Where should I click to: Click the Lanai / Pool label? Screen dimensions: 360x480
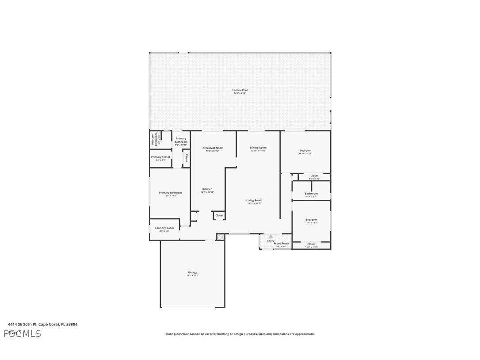(x=240, y=90)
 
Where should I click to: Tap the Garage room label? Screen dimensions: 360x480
(x=192, y=273)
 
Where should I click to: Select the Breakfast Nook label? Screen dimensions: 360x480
(x=213, y=148)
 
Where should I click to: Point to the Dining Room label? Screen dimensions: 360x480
(x=258, y=148)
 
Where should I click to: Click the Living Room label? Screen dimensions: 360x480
(x=254, y=200)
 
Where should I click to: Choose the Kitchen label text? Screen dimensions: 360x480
(x=207, y=189)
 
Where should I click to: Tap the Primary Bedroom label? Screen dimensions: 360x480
(x=170, y=193)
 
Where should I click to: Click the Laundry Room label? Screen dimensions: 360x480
(x=164, y=228)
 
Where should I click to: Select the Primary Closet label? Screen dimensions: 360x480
(x=160, y=157)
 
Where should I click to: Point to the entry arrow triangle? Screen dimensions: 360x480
(x=270, y=236)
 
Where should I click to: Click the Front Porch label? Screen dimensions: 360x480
(x=282, y=244)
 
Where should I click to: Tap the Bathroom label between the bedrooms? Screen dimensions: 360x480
(x=311, y=194)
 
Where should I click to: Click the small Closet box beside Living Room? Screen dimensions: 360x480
(x=219, y=215)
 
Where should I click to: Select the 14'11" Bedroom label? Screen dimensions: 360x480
(x=305, y=151)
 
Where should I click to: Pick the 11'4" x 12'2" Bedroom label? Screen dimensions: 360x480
(x=311, y=220)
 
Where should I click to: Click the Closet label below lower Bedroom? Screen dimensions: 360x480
(x=311, y=244)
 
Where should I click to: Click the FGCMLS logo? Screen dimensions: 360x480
(x=22, y=333)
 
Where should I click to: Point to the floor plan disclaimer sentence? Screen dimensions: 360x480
(x=240, y=334)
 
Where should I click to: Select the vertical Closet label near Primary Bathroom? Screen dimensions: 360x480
(x=187, y=158)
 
